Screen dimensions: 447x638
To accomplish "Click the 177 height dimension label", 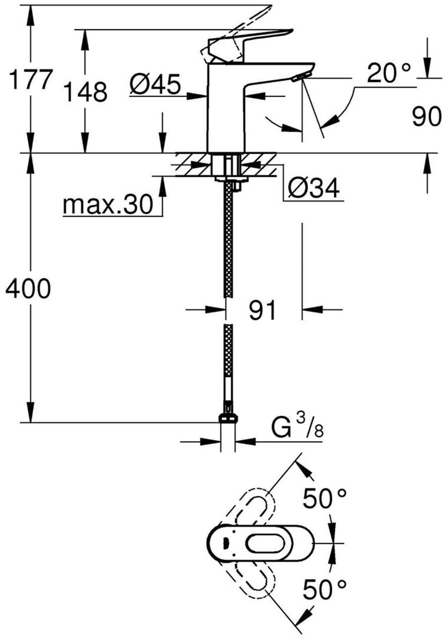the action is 29,79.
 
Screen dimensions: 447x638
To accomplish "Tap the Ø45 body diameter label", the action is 154,85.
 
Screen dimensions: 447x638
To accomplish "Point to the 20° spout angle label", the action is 389,74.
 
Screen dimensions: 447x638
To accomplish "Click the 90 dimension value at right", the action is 426,117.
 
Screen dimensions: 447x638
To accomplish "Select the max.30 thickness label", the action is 108,205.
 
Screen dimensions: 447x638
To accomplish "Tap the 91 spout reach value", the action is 262,311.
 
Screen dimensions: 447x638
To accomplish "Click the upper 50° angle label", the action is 324,499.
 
